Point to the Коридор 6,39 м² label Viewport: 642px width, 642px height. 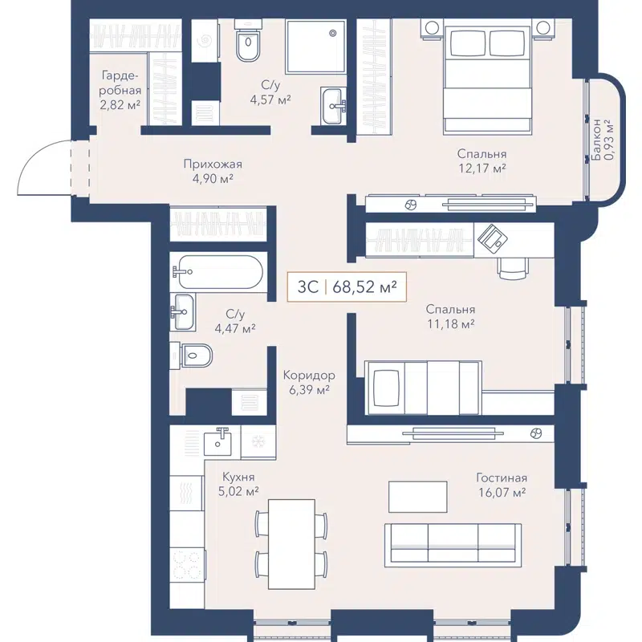(x=308, y=382)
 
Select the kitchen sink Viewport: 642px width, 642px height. (x=217, y=441)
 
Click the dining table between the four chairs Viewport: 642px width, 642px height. (x=291, y=543)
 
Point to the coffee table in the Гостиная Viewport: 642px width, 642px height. (x=418, y=496)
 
